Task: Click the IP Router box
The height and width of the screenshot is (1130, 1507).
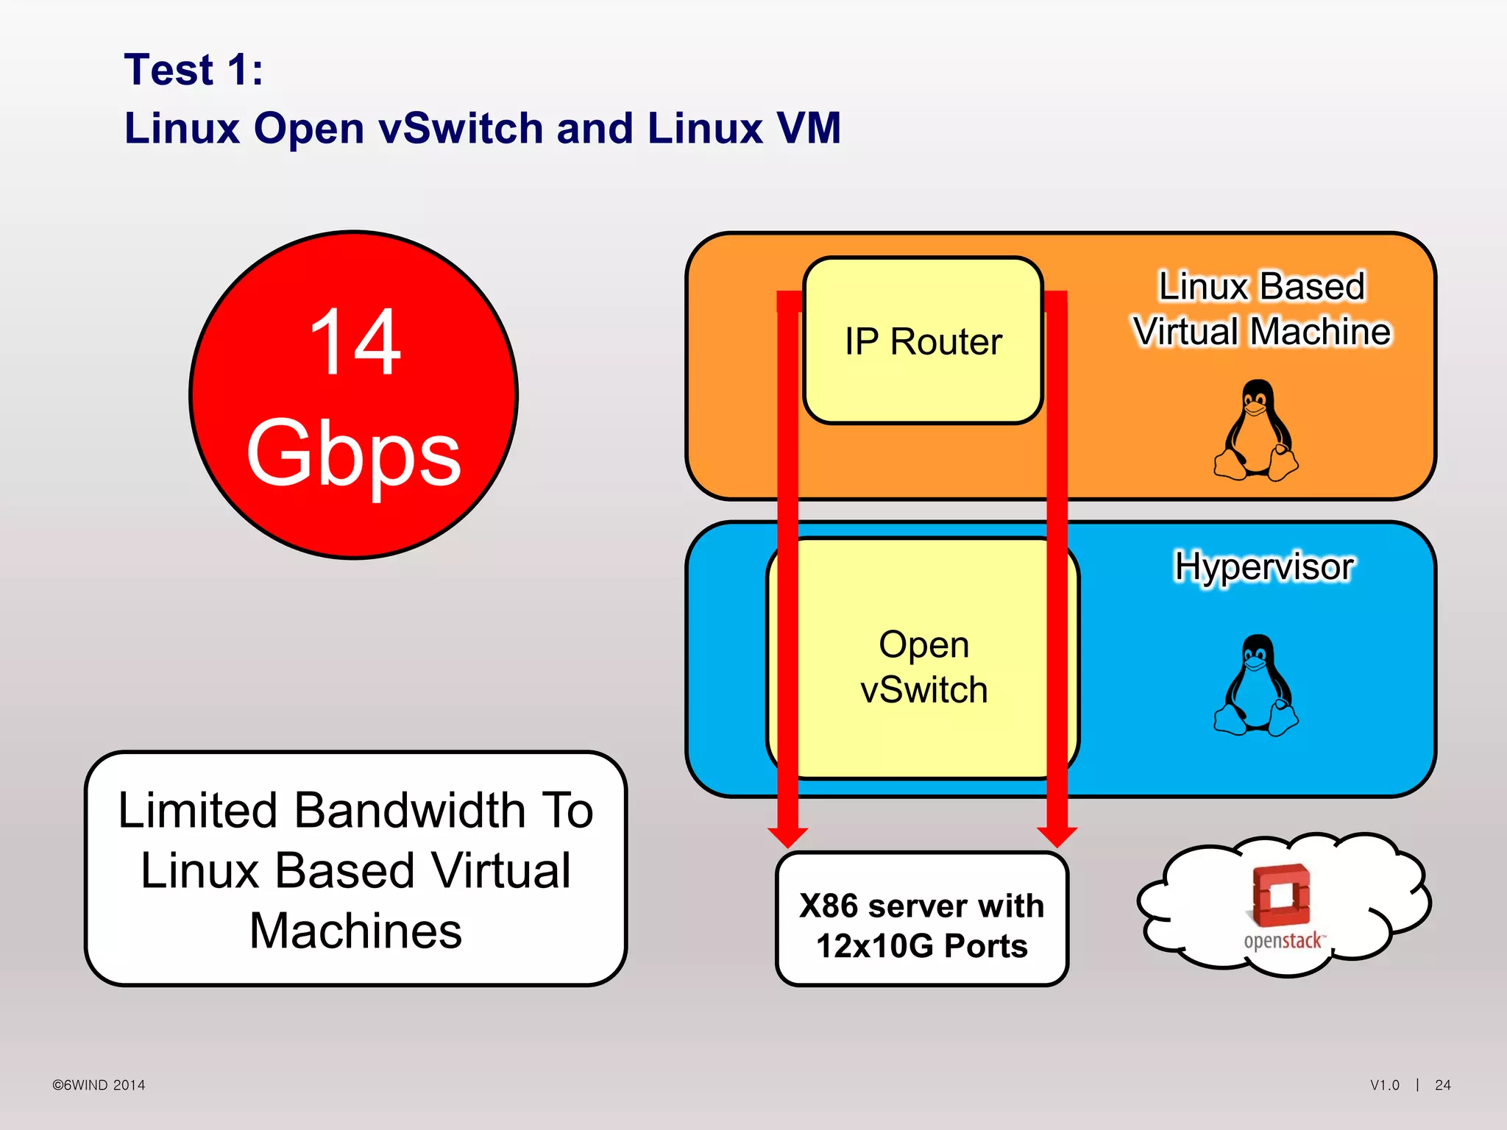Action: pos(923,341)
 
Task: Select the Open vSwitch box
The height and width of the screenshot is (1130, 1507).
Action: pos(923,666)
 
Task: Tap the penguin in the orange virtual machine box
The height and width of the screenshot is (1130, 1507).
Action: pos(1256,431)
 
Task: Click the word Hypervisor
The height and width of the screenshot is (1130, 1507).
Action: pos(1263,567)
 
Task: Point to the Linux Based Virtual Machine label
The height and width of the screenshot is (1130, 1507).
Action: pos(1261,309)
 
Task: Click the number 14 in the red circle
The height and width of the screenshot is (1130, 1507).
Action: pos(355,342)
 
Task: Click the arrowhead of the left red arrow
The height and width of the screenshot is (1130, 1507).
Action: pos(787,836)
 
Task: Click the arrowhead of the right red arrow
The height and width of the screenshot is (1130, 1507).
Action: pos(1057,836)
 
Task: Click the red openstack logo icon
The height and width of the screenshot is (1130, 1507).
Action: pos(1281,895)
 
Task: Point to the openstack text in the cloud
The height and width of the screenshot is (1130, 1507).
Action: pos(1283,941)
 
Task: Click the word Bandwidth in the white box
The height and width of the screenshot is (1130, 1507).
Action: pos(410,811)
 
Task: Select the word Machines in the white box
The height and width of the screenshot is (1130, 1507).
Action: pos(355,931)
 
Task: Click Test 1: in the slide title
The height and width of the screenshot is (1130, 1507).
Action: pos(194,70)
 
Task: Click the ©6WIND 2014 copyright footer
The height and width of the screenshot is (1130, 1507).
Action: pos(99,1085)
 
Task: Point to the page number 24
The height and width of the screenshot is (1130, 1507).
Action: pos(1442,1085)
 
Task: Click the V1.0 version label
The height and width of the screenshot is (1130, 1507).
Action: pos(1384,1085)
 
